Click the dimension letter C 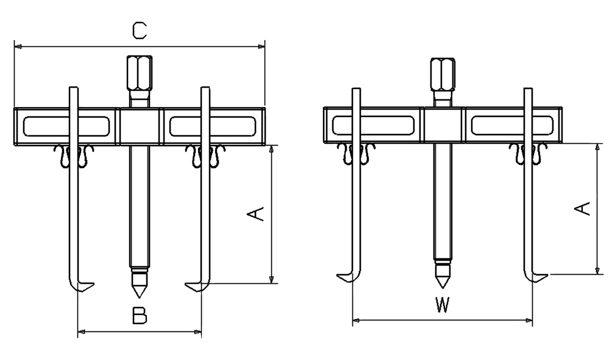point(140,30)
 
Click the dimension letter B point(140,316)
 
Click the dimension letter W point(443,304)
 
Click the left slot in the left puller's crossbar point(66,127)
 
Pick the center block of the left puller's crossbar point(140,127)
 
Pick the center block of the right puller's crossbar point(443,125)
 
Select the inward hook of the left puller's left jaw point(84,285)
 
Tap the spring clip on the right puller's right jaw point(527,154)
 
